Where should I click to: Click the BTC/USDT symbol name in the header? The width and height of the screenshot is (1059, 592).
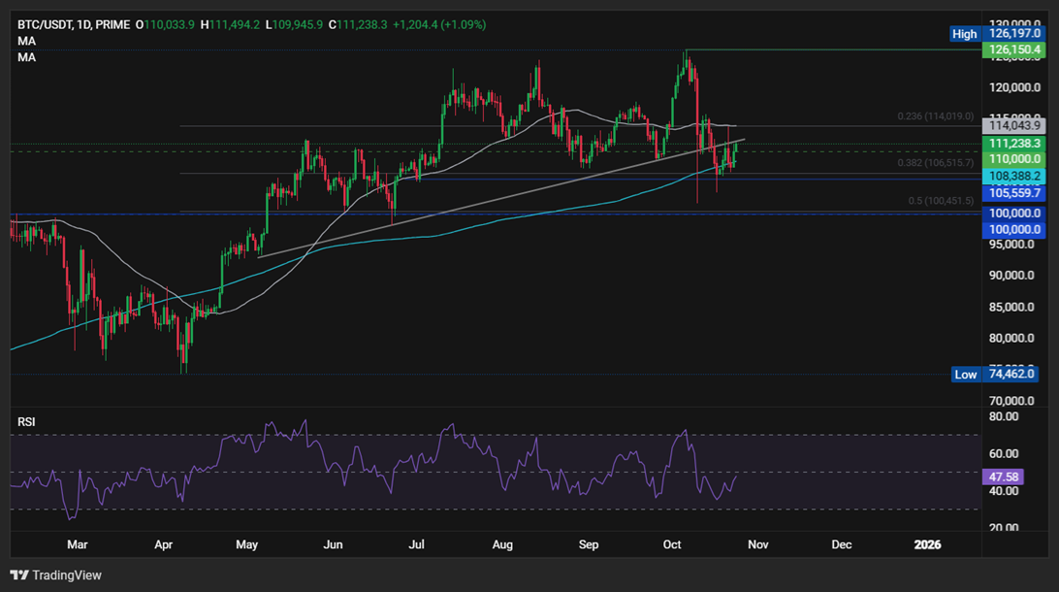point(45,24)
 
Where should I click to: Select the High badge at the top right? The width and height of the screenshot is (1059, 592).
point(964,33)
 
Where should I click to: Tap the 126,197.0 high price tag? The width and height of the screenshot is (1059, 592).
point(1013,33)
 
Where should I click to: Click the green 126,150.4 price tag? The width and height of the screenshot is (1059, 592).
point(1012,49)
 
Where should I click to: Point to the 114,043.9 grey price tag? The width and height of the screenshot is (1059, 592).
point(1012,125)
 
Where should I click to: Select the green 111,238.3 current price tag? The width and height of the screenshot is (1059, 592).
point(1012,143)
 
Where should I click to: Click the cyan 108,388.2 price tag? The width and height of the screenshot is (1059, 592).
point(1012,176)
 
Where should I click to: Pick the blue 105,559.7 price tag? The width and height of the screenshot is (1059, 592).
point(1012,193)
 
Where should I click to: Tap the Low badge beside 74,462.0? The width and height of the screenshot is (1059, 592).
point(965,374)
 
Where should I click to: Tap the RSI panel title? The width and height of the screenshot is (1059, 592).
point(27,422)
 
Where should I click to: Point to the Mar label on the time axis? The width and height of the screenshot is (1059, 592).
point(77,545)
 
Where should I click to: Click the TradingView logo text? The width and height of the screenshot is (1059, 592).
point(66,576)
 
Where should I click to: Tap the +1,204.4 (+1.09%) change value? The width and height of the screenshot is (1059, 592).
point(439,24)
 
